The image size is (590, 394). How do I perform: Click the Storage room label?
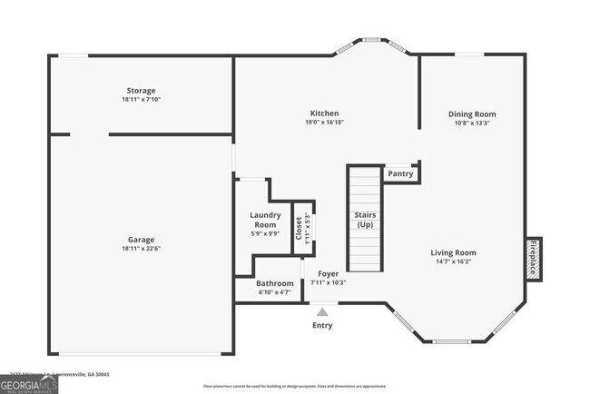[x=141, y=91]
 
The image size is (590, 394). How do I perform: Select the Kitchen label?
[x=324, y=113]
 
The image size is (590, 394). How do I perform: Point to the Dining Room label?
[x=472, y=114]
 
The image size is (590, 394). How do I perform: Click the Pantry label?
[x=400, y=173]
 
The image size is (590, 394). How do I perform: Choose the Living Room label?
[x=453, y=252]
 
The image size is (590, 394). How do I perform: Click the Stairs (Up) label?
[x=365, y=219]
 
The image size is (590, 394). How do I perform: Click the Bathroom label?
[x=274, y=283]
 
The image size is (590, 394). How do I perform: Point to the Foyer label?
[x=328, y=273]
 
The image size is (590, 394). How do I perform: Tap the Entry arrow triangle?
[x=322, y=311]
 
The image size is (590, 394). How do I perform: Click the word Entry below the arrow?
[x=322, y=325]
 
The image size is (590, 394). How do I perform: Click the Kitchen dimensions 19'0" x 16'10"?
[x=324, y=123]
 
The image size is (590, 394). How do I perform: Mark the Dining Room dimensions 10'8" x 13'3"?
[x=472, y=123]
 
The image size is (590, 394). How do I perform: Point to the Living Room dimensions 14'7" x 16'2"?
[x=453, y=261]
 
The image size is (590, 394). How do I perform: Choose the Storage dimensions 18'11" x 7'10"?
[x=141, y=100]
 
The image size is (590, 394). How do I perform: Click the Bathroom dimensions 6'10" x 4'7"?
[x=274, y=292]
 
